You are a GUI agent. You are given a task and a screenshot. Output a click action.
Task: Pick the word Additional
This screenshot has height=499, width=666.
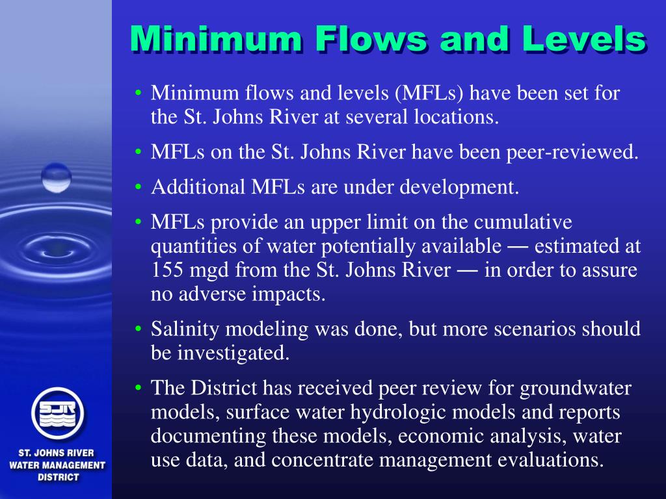(x=198, y=188)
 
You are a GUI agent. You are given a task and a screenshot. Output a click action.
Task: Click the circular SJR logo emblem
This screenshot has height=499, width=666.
(x=57, y=412)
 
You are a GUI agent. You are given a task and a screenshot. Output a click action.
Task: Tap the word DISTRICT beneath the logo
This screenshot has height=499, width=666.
(x=57, y=477)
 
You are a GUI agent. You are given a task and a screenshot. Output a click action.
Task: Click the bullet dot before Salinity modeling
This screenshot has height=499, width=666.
(x=139, y=329)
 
